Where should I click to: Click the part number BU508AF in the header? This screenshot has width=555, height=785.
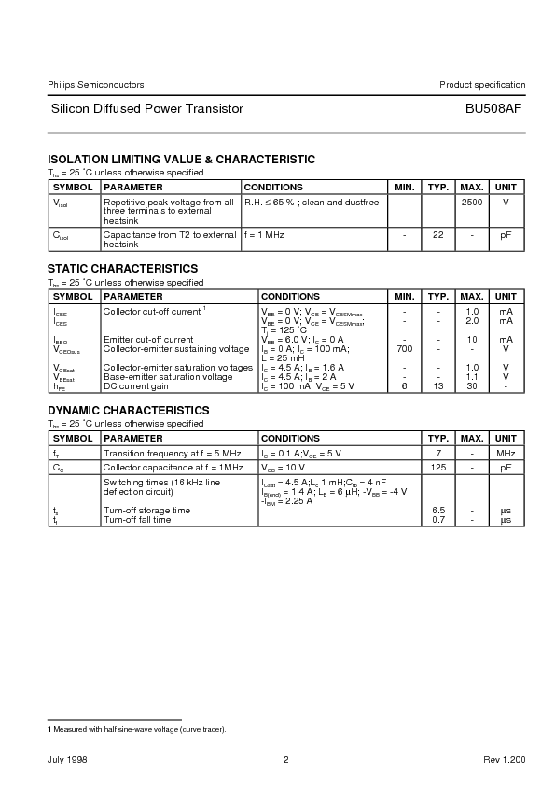493,109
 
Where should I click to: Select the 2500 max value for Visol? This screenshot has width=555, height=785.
471,202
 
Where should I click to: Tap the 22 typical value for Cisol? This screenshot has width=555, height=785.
437,235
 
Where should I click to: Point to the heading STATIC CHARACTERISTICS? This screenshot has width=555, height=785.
122,269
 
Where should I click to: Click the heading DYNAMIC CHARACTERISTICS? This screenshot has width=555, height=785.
129,411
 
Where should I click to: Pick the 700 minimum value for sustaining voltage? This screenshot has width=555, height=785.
404,348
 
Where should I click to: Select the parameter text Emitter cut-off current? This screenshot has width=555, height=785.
148,340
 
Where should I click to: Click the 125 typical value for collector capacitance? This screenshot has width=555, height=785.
437,467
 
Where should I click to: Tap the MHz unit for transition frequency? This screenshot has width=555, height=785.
506,453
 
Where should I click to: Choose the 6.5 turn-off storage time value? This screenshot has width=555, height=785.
437,511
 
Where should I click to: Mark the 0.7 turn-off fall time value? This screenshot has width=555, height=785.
437,519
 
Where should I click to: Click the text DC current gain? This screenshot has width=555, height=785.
136,385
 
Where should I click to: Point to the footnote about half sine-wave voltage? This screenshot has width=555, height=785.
137,728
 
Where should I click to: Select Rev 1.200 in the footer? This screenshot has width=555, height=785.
505,760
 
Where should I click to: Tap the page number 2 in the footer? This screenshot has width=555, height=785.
286,760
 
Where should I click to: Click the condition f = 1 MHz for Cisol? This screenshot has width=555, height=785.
264,235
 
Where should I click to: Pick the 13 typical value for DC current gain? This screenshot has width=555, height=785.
437,385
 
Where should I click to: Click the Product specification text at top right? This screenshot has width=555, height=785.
482,85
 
